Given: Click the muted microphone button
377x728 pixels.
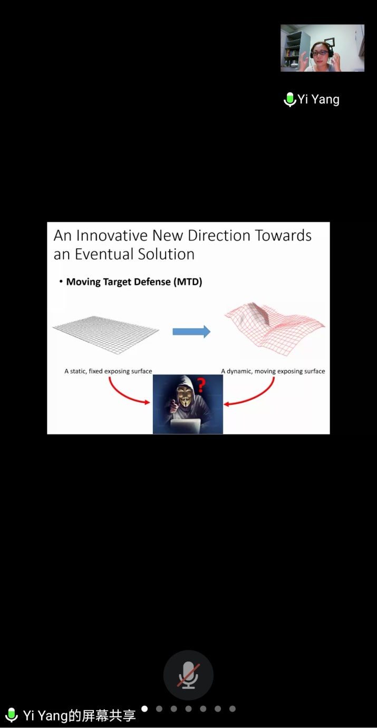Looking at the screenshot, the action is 188,675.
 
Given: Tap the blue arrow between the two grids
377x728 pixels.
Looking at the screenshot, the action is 191,332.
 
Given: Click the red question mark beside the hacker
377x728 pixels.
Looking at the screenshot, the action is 201,385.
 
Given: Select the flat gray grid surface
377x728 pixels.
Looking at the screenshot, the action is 106,335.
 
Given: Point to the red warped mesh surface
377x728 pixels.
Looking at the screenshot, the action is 275,328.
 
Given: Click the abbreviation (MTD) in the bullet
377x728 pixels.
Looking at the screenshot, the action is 188,282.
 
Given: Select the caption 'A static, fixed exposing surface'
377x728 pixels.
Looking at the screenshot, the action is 108,371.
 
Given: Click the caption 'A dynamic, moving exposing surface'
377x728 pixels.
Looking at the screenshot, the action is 273,371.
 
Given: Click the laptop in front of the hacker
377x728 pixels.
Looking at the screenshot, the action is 186,426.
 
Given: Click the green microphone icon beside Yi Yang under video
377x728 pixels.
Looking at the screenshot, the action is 289,99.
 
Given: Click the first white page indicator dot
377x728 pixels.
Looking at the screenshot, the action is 144,708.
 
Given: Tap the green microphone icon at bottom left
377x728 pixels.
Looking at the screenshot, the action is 12,715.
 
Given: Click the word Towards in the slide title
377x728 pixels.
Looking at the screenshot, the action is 283,235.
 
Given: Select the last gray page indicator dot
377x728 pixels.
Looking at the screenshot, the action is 233,708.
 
